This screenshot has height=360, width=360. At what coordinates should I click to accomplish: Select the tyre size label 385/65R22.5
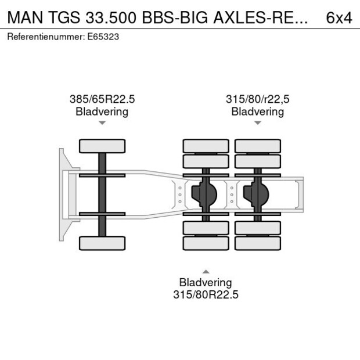102,99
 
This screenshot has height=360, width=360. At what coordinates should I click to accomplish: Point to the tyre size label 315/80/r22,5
257,99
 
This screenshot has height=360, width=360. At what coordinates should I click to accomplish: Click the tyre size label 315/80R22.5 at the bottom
206,294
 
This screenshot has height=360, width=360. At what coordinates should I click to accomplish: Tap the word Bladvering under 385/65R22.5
102,111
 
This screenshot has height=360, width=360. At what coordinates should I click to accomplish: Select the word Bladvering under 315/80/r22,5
257,111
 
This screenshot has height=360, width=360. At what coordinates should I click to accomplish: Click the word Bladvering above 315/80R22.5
206,283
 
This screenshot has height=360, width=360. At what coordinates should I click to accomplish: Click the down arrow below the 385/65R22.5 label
102,123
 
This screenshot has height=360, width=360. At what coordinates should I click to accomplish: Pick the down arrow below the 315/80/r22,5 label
257,123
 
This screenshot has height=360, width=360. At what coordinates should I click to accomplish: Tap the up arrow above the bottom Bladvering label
206,271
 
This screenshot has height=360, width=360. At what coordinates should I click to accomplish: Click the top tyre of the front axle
102,146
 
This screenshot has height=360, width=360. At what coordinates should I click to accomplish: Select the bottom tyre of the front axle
102,243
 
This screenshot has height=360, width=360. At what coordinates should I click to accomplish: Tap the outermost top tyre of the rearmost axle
257,146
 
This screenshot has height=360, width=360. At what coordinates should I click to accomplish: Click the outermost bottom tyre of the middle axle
206,243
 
